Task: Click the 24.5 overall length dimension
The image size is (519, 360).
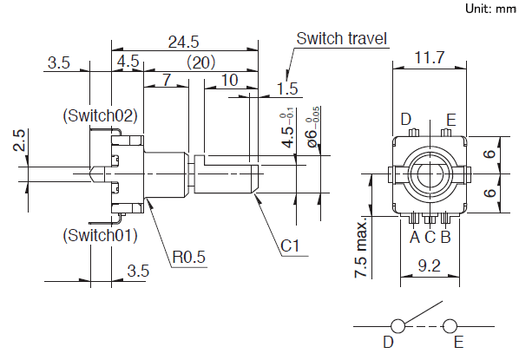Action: (183, 42)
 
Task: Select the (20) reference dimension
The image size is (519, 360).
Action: (201, 62)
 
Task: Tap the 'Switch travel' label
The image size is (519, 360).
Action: (341, 38)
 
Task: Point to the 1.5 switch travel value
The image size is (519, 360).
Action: (287, 88)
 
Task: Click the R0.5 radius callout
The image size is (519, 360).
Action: (189, 257)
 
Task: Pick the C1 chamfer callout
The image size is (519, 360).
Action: (290, 245)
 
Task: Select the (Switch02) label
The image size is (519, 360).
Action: (101, 115)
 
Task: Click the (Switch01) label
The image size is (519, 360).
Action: (101, 235)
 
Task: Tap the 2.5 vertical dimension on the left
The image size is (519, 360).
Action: (19, 141)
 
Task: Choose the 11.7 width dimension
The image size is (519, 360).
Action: (430, 57)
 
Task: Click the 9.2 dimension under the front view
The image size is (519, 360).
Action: (430, 265)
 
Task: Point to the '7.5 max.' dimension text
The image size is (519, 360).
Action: (361, 247)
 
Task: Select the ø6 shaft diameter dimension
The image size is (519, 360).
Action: (312, 128)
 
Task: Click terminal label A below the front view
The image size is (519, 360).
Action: (415, 237)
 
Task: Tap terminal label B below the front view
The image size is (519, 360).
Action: (446, 237)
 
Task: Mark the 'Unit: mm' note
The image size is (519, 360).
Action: (490, 9)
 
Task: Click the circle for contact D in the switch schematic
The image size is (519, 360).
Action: (397, 326)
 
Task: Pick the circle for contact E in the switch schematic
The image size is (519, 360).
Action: (450, 326)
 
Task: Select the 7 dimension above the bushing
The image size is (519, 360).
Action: (167, 80)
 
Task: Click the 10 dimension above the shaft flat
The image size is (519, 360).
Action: (229, 80)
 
